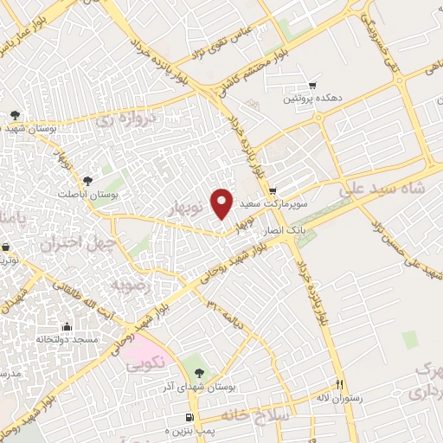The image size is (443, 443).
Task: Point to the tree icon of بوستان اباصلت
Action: coord(87,180)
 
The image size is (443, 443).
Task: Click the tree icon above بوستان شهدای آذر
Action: coord(200,373)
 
